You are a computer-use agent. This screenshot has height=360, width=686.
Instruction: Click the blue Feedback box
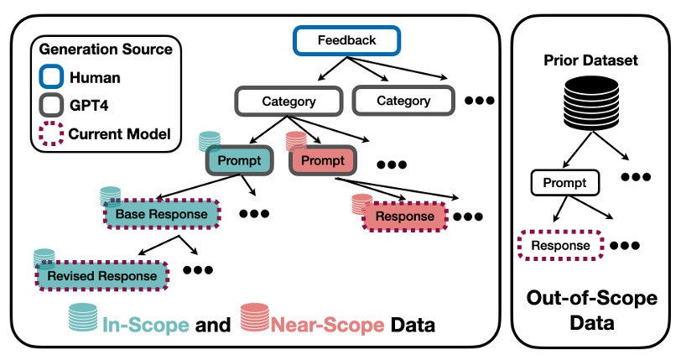click(346, 40)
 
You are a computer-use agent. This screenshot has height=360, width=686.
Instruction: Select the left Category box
click(288, 102)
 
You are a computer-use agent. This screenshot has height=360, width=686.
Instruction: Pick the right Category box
click(403, 102)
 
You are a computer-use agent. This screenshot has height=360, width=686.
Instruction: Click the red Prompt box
click(321, 160)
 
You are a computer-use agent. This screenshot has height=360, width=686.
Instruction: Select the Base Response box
click(160, 215)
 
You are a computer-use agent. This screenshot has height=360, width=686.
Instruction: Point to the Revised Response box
click(101, 275)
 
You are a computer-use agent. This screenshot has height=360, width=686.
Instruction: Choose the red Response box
click(405, 217)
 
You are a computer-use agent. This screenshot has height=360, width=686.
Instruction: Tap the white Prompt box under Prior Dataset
click(565, 182)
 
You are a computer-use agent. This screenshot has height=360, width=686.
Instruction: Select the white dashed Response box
click(560, 246)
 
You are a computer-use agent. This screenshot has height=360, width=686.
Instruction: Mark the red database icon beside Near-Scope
click(255, 318)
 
